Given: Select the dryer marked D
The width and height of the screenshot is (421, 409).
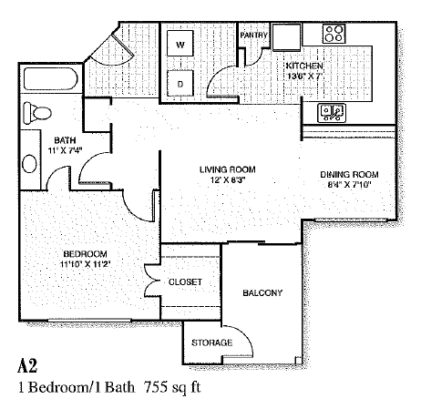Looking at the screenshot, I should click(180, 84).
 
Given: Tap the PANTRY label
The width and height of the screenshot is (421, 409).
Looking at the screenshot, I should click(252, 36).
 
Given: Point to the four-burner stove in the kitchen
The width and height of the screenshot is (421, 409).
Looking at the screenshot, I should click(334, 36).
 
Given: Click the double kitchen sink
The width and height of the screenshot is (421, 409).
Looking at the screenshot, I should click(330, 113).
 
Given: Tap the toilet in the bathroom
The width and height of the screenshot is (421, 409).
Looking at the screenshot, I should click(36, 114).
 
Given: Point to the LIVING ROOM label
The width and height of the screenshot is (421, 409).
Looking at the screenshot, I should click(228, 169).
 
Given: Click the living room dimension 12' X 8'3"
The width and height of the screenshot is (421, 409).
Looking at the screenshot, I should click(228, 180).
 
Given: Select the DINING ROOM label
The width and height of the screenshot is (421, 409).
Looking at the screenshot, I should click(348, 174).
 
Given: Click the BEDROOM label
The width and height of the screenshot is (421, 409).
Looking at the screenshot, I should click(87, 252).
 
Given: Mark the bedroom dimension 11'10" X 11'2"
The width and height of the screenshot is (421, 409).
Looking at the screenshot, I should click(87, 264).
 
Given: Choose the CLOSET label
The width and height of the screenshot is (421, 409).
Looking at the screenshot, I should click(185, 282).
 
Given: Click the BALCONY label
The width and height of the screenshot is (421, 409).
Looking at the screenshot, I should click(262, 292).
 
